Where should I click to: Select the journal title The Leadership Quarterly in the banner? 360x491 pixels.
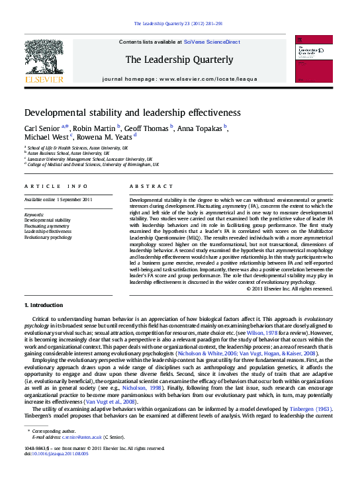[x=179, y=60]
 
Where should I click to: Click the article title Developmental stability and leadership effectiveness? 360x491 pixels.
[x=133, y=112]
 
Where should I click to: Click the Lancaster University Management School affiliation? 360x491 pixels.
[x=90, y=159]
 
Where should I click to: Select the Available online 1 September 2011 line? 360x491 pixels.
[x=58, y=199]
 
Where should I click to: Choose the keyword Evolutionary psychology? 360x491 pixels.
[x=48, y=236]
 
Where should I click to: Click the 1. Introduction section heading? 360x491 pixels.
[x=44, y=305]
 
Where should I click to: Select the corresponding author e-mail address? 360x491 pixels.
[x=81, y=437]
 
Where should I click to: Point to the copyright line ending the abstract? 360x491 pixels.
[x=289, y=289]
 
